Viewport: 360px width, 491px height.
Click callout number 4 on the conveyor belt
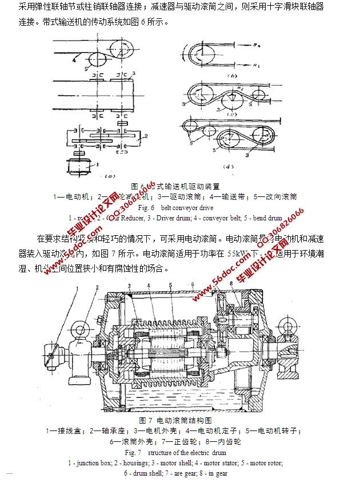coord(74,57)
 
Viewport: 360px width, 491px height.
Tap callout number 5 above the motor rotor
coord(170,285)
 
